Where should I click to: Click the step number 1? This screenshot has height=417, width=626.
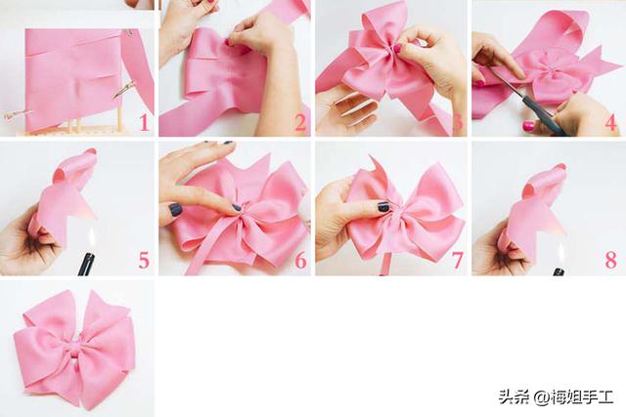pos(145,122)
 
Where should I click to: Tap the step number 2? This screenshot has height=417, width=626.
pos(300,122)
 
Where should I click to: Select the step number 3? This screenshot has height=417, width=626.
pos(458,122)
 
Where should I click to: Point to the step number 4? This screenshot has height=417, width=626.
pos(611,122)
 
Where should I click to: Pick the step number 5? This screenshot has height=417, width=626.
pos(144,261)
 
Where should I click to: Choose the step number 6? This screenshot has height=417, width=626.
pos(300,261)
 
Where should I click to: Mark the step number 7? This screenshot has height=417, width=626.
pos(458,261)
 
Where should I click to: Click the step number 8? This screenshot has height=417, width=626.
pos(611,261)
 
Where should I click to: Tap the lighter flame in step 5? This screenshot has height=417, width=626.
pos(92,238)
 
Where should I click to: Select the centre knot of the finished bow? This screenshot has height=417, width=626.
pos(74,346)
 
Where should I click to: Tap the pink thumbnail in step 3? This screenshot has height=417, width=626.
pos(397,48)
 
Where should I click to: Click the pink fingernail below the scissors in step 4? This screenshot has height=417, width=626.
pos(528,126)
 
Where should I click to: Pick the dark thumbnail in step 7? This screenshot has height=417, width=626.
pos(383,207)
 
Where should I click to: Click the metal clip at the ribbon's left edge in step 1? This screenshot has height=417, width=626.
pos(16,114)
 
